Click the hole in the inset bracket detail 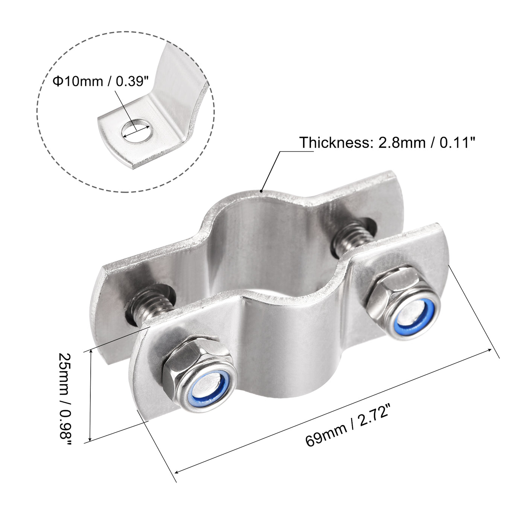click(x=136, y=131)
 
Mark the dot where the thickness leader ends click(x=261, y=191)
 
